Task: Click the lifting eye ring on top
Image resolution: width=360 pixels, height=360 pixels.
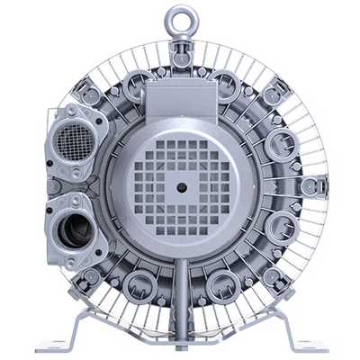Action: pos(179,18)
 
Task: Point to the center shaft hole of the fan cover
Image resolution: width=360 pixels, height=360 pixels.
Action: pos(181,186)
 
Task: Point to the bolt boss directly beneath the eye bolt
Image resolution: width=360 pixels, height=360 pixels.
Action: pos(180,56)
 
